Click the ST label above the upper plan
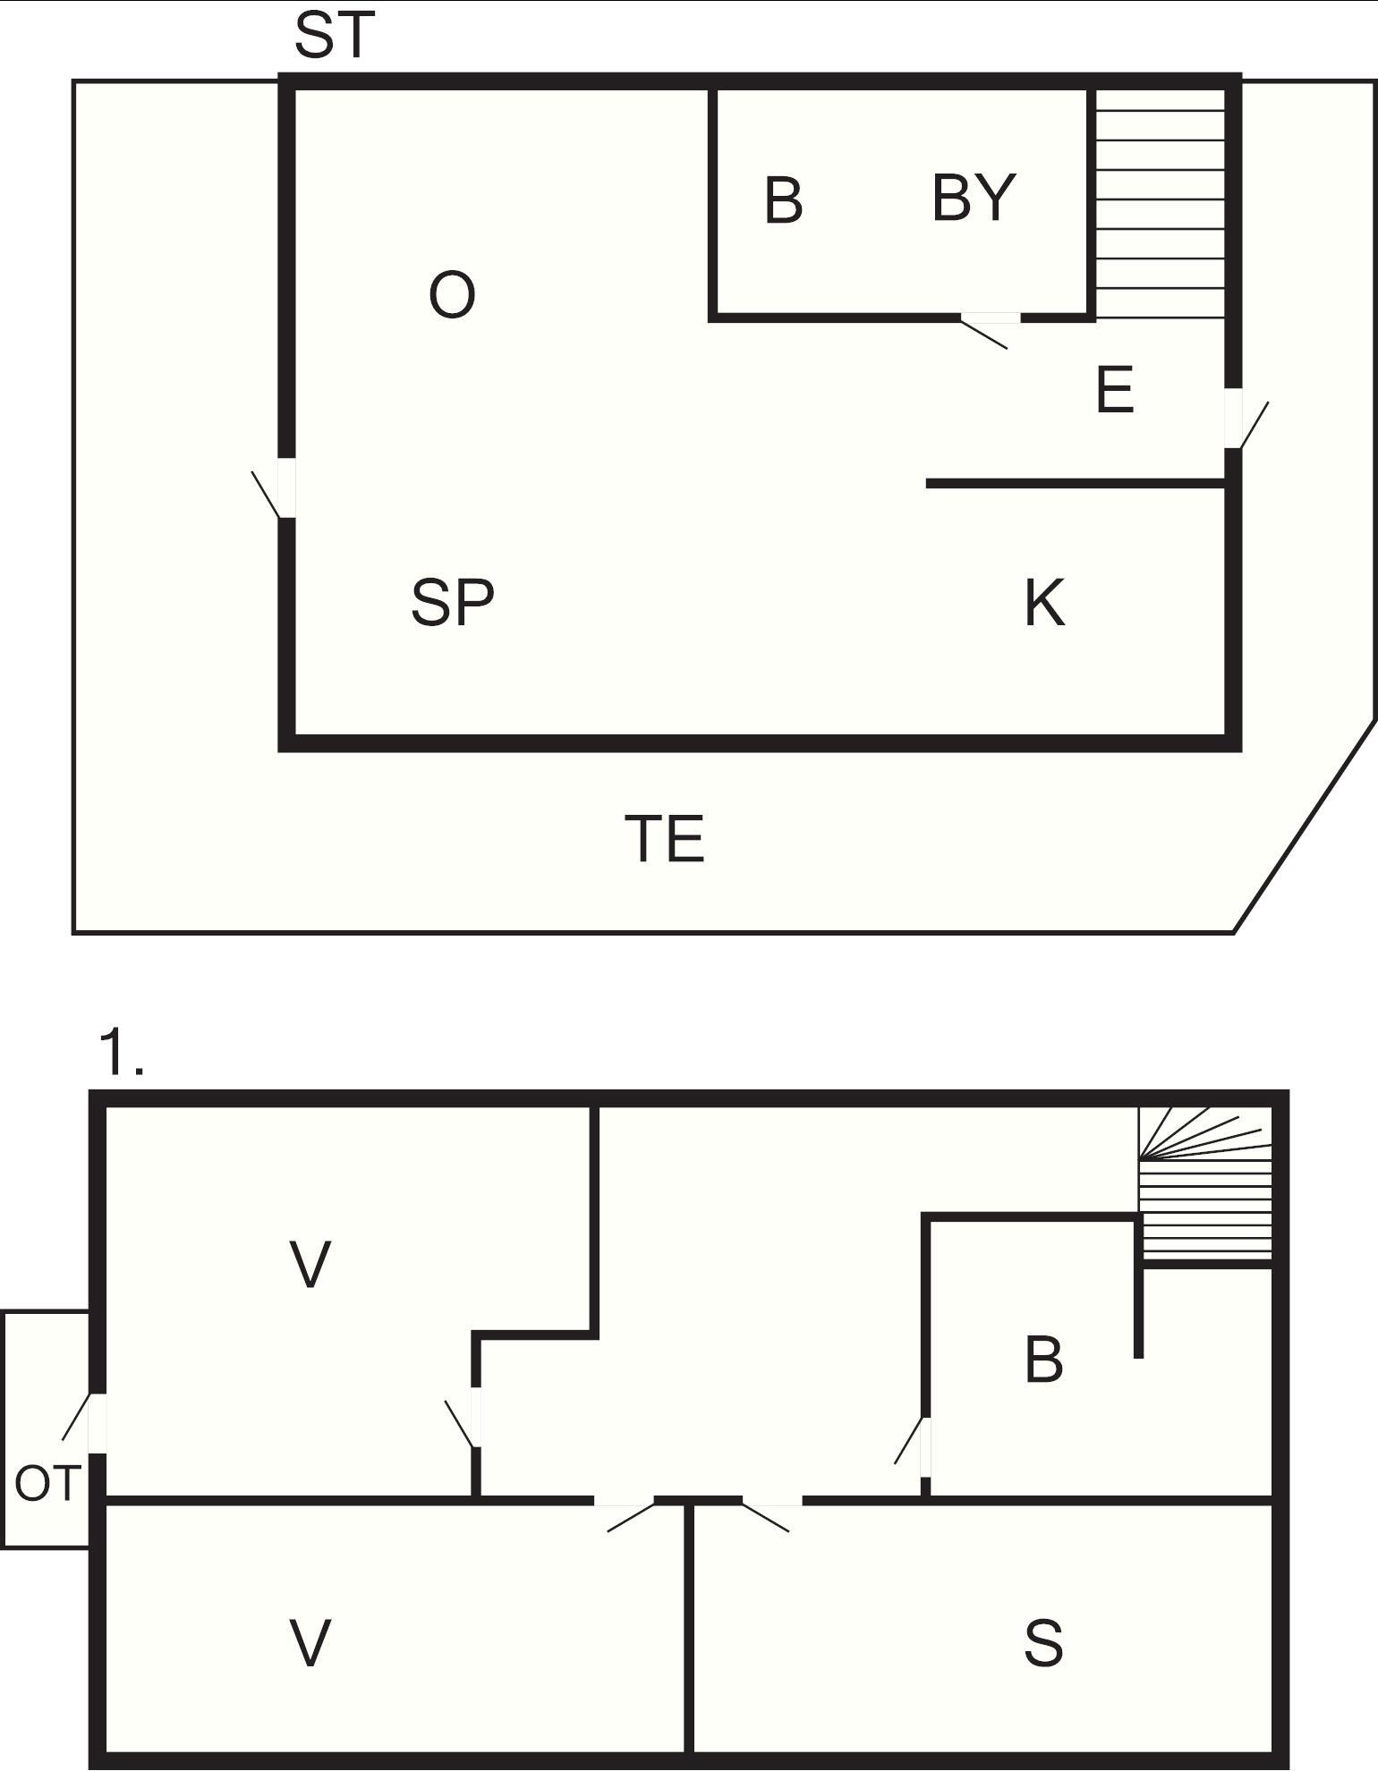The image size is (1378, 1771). click(x=334, y=36)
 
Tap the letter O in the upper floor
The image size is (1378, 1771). click(x=452, y=295)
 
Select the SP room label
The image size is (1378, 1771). click(x=453, y=602)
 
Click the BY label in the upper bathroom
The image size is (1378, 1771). click(x=974, y=198)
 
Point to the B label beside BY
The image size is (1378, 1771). click(x=784, y=200)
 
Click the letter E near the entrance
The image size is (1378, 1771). click(x=1115, y=390)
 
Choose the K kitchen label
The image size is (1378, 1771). click(x=1045, y=603)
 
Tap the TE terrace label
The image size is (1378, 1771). click(x=665, y=839)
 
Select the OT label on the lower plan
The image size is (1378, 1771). click(x=48, y=1484)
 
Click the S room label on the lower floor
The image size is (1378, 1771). click(x=1043, y=1643)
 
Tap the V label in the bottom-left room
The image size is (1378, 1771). click(x=311, y=1643)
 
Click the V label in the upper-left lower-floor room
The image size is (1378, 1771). click(x=311, y=1265)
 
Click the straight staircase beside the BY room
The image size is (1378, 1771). click(x=1160, y=203)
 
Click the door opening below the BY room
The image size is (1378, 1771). click(x=988, y=326)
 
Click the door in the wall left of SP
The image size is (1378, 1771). click(x=276, y=488)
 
